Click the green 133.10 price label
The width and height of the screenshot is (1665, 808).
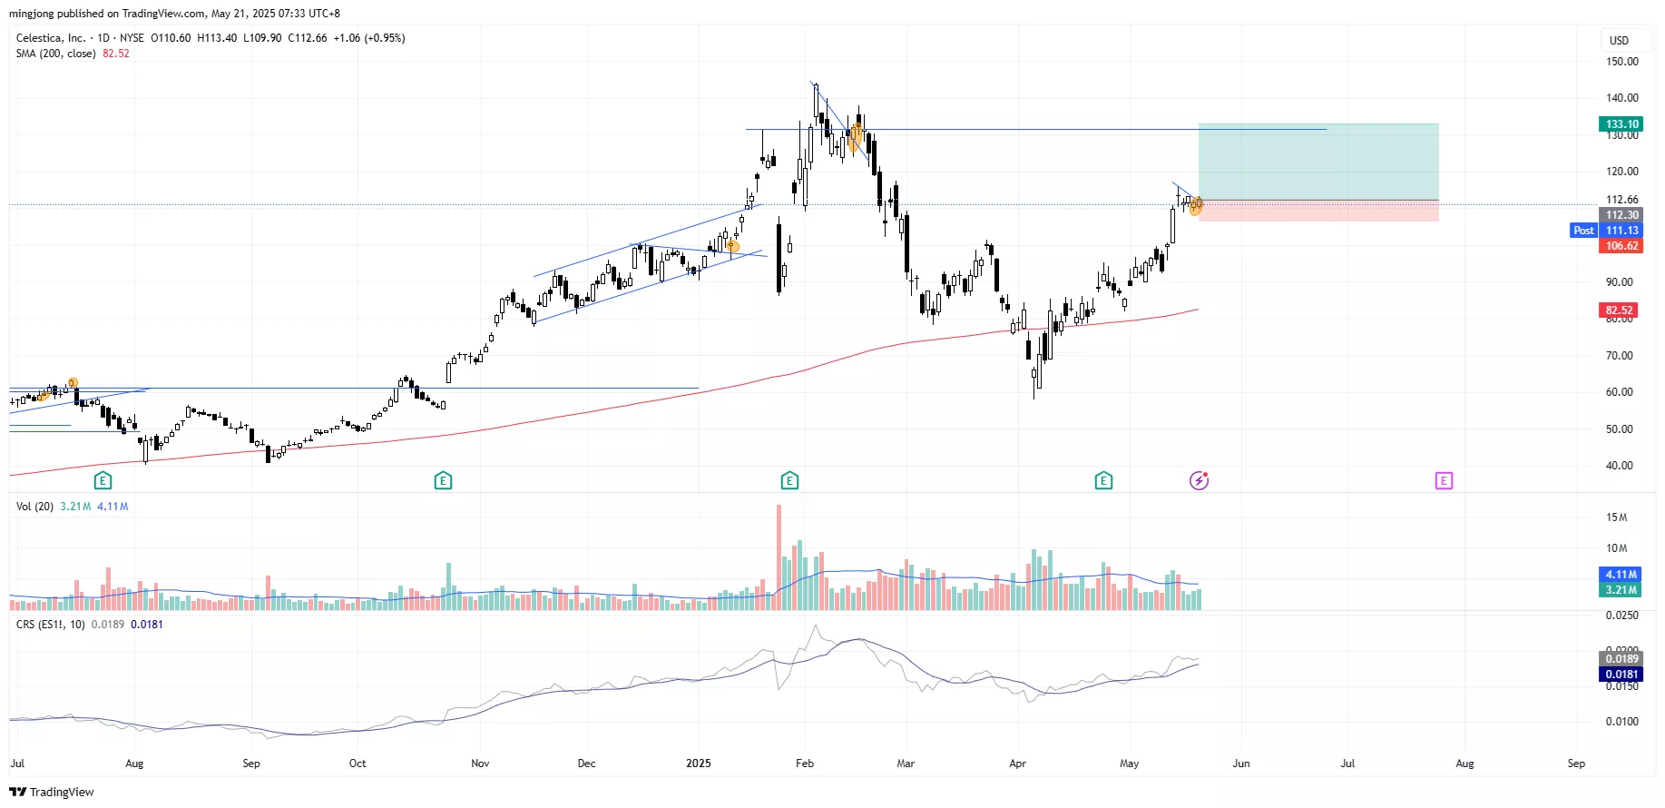tap(1621, 124)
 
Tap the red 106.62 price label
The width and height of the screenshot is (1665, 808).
tap(1621, 246)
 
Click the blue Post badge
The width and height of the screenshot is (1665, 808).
tap(1583, 231)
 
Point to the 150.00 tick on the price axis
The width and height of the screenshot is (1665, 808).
tap(1621, 62)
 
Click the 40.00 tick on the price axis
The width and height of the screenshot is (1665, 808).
tap(1619, 466)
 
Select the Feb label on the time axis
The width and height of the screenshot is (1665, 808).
tap(805, 764)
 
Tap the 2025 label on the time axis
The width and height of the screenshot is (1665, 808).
tap(699, 764)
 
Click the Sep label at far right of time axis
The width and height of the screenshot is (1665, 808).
tap(1576, 764)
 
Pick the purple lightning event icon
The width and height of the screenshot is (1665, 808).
tap(1200, 480)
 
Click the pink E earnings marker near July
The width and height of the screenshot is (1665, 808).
tap(1444, 480)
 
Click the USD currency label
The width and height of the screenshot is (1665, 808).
tap(1619, 41)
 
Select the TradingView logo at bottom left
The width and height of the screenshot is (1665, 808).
tap(52, 792)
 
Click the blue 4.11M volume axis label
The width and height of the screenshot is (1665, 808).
tap(1621, 575)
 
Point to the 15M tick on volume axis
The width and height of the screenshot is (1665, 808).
tap(1616, 517)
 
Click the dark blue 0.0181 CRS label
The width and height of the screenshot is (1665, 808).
tap(1621, 675)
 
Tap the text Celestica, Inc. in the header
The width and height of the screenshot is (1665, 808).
tap(51, 38)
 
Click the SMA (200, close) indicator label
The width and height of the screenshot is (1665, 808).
tap(55, 54)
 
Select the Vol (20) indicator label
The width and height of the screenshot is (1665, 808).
tap(34, 507)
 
